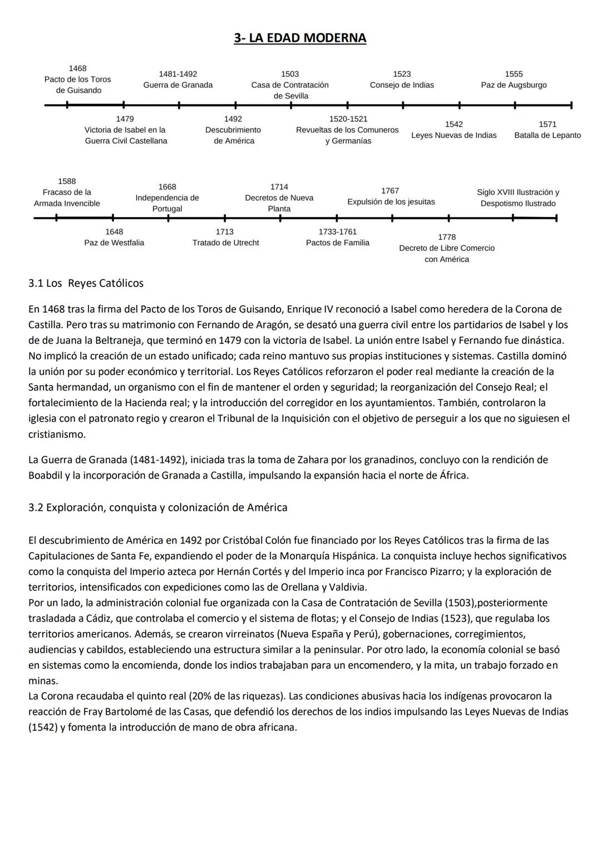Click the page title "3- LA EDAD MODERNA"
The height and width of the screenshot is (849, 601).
(300, 38)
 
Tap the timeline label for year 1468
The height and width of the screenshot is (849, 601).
(78, 80)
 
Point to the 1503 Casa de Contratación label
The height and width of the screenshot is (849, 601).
(290, 85)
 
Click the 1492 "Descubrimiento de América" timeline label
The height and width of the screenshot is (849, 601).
(234, 130)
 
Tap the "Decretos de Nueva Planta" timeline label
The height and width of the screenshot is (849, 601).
(279, 198)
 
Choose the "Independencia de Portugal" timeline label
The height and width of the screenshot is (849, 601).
(167, 198)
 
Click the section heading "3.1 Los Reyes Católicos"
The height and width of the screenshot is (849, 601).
(86, 283)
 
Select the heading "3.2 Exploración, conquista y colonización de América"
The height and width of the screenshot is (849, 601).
(158, 507)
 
